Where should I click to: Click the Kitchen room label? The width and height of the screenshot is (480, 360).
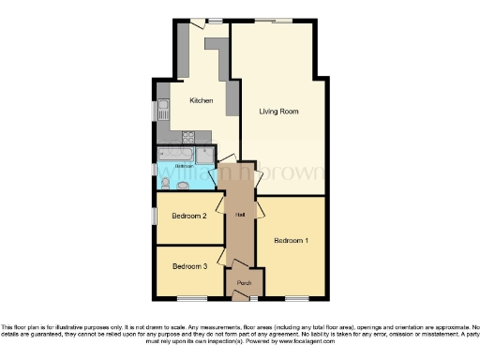(201, 100)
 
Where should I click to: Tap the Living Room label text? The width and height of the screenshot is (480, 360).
(278, 111)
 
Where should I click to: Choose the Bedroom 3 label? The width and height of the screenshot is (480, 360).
(188, 266)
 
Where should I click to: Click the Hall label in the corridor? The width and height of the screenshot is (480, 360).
(241, 215)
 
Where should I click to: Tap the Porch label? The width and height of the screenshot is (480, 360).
(244, 282)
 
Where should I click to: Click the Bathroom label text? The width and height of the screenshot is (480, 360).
(183, 166)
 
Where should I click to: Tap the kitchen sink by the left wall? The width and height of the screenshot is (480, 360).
(162, 111)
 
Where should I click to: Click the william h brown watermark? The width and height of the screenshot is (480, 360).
(240, 173)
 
